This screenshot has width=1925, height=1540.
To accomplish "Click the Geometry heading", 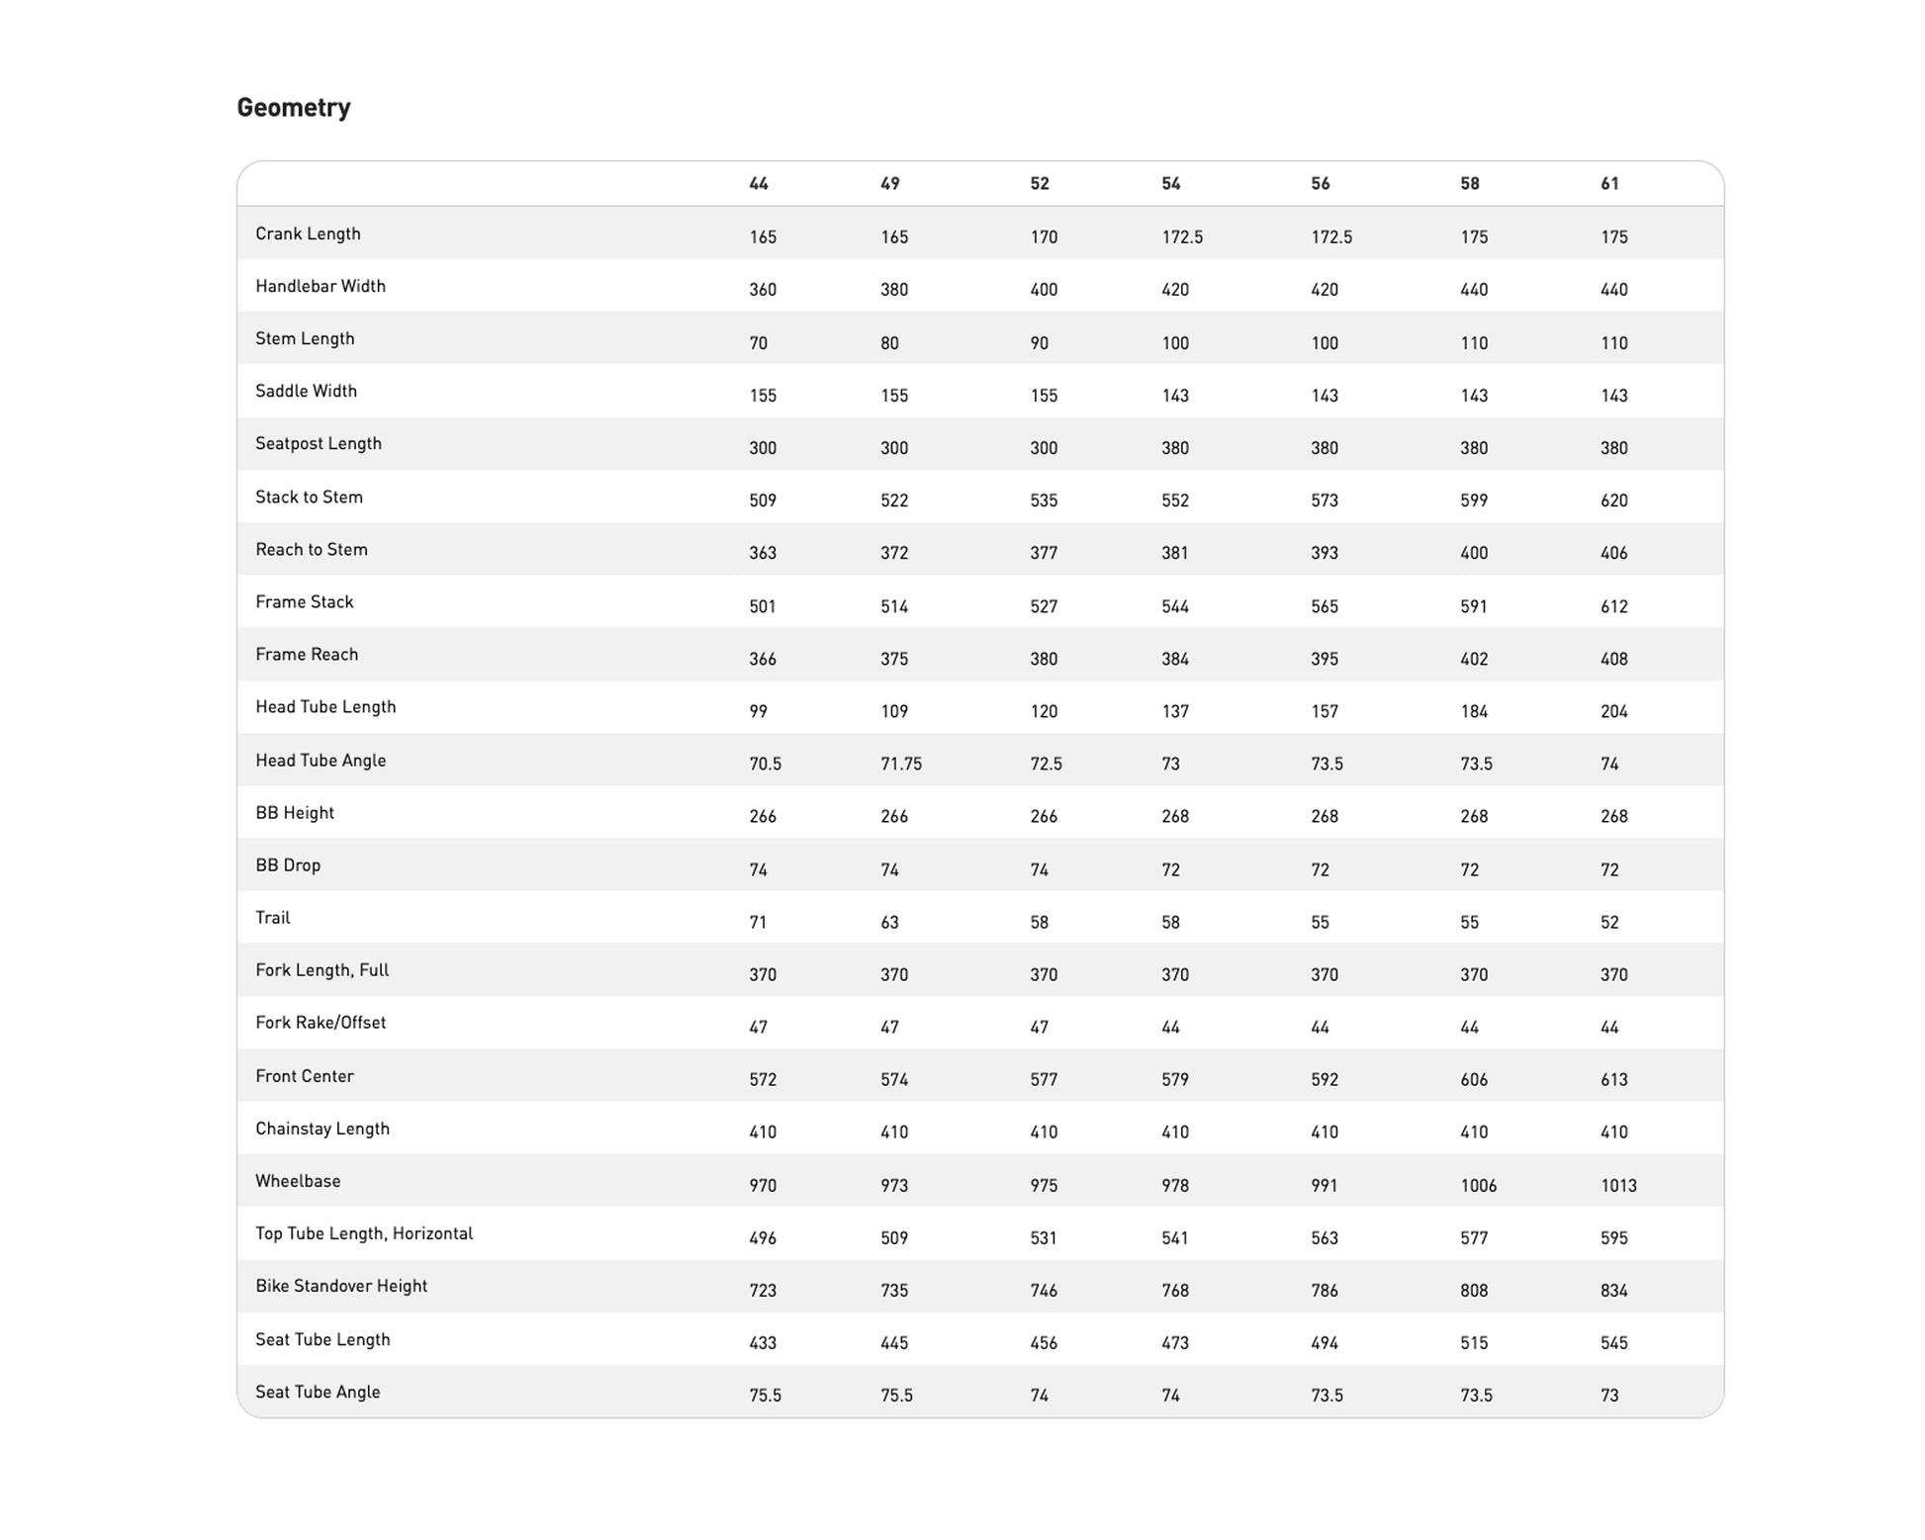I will pos(293,107).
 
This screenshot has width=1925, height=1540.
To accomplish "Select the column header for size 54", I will pos(1171,184).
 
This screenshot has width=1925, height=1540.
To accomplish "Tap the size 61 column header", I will pos(1609,184).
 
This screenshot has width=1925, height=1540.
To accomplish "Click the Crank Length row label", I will pos(308,234).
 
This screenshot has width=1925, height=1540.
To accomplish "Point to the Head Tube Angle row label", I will pos(321,761).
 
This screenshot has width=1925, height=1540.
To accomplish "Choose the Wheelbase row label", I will pos(298,1181).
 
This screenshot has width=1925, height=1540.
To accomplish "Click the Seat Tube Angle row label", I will pos(318,1392).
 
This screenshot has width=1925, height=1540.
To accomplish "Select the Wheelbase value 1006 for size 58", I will pos(1478,1185).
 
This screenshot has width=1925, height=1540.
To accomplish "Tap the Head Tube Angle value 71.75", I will pos(900,764).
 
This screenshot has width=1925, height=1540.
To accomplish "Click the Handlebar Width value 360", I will pos(763,290).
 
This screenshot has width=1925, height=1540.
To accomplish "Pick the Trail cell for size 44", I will pos(758,922).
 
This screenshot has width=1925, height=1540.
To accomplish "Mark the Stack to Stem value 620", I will pos(1613,500).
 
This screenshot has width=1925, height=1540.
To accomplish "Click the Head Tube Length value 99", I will pos(758,711).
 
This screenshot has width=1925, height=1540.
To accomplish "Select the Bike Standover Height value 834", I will pos(1613,1290).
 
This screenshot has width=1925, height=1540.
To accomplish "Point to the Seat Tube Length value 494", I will pos(1325,1342).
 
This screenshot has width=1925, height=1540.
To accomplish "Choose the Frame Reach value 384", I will pos(1175,659).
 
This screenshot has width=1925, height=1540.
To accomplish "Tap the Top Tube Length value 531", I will pos(1044,1237).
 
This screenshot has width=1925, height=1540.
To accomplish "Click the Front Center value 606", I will pos(1474,1079).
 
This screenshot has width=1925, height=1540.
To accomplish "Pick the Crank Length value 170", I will pos(1044,237).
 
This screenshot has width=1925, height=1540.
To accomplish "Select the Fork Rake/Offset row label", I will pos(321,1023).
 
